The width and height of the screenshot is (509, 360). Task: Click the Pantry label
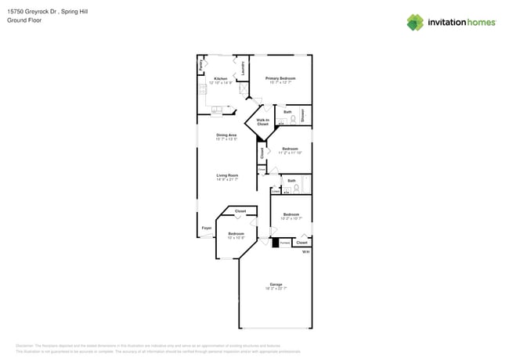tap(201, 67)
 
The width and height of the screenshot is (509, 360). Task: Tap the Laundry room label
tap(243, 68)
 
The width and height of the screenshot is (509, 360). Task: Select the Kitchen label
tap(221, 79)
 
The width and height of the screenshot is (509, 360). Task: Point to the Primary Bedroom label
tap(280, 78)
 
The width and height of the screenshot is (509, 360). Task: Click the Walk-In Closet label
tap(263, 122)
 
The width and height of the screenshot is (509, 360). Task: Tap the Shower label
tap(303, 115)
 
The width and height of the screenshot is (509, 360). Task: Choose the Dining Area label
tap(227, 135)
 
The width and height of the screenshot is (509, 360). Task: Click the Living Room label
tap(227, 175)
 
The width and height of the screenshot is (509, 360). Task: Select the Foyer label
tap(207, 228)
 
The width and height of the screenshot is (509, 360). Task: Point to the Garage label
tap(276, 284)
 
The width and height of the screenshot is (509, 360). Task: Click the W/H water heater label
tap(305, 252)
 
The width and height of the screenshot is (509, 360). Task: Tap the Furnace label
tap(284, 243)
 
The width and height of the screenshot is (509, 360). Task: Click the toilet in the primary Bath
tap(294, 120)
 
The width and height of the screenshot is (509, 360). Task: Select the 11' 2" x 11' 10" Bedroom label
tap(290, 149)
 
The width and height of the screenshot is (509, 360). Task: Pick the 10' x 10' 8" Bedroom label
tap(236, 234)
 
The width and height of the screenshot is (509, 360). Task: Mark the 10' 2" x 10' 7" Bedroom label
tap(291, 214)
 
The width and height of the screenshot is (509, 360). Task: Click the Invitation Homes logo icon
tap(415, 22)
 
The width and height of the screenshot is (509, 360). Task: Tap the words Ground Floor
tap(24, 20)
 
